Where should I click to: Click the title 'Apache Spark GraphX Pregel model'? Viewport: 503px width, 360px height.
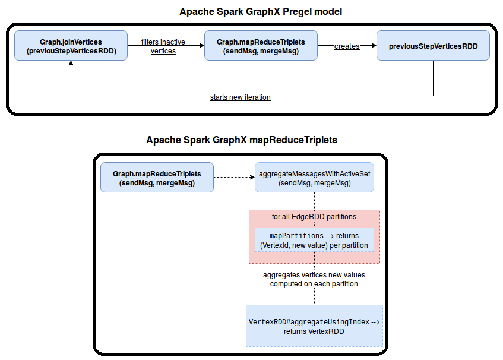pyautogui.click(x=251, y=11)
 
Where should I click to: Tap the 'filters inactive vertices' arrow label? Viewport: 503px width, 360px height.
pyautogui.click(x=163, y=46)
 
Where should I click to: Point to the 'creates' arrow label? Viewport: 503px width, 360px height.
pyautogui.click(x=347, y=46)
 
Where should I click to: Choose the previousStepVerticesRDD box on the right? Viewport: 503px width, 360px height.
pyautogui.click(x=433, y=46)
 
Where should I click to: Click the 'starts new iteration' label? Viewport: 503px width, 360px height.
pyautogui.click(x=241, y=97)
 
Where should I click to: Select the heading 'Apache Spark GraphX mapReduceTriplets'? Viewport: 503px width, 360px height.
pyautogui.click(x=242, y=140)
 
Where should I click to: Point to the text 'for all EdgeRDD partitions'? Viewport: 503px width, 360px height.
pyautogui.click(x=314, y=217)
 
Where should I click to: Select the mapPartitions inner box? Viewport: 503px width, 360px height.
pyautogui.click(x=314, y=241)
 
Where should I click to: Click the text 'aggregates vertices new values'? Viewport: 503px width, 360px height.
pyautogui.click(x=314, y=275)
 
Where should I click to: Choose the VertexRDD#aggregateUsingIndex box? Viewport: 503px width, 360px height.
pyautogui.click(x=314, y=326)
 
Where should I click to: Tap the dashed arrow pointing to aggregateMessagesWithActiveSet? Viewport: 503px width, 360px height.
pyautogui.click(x=234, y=177)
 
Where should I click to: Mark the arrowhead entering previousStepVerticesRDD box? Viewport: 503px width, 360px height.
pyautogui.click(x=374, y=46)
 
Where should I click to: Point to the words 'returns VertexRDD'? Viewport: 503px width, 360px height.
pyautogui.click(x=314, y=331)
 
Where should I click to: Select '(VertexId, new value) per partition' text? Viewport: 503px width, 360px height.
pyautogui.click(x=314, y=245)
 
